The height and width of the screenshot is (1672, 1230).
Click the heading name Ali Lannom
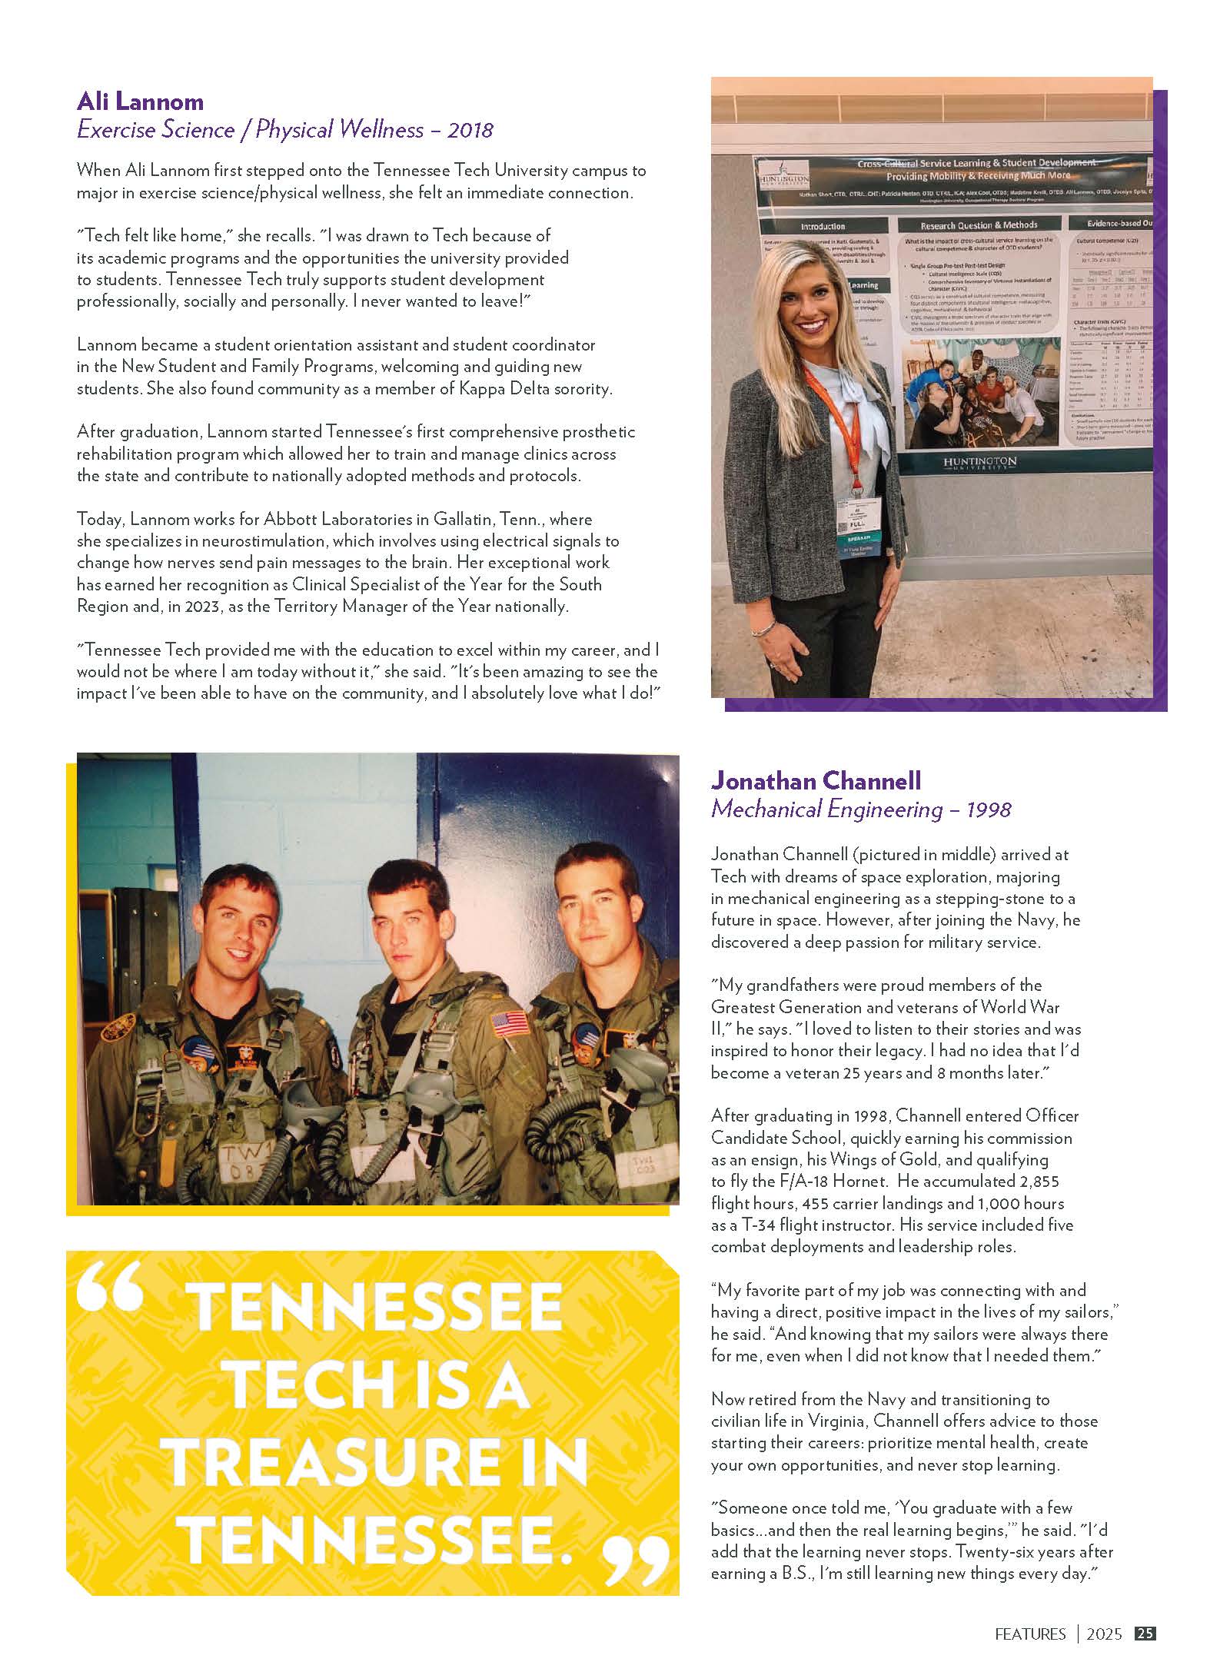click(x=140, y=101)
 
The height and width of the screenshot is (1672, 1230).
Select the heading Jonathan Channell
click(x=816, y=781)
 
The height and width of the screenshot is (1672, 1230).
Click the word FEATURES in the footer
click(x=1030, y=1634)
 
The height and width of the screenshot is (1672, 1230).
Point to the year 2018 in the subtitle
click(x=470, y=130)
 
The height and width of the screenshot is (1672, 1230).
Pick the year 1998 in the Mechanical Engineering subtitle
click(x=989, y=809)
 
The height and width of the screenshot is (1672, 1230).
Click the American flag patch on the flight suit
click(x=510, y=1023)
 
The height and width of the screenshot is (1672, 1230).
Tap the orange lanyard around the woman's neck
click(x=827, y=419)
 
